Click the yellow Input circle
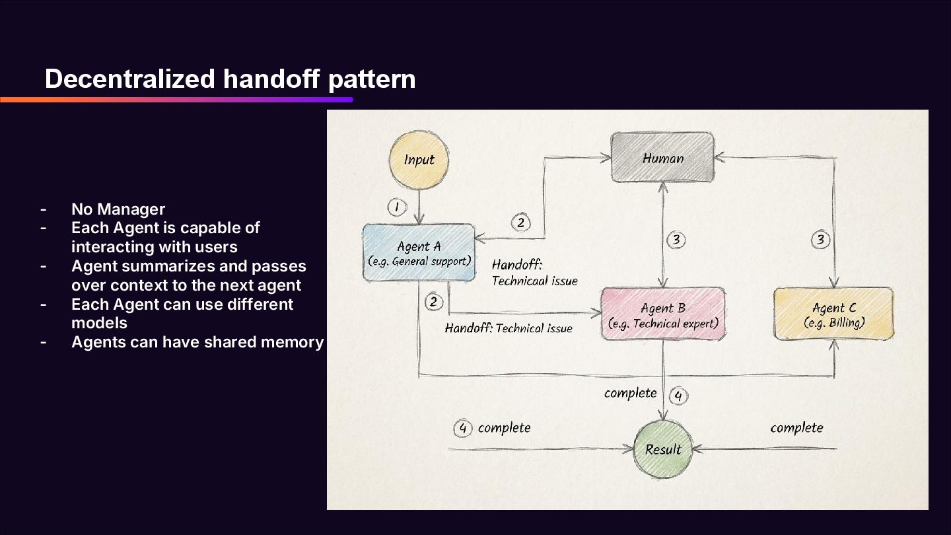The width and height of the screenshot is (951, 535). pyautogui.click(x=419, y=160)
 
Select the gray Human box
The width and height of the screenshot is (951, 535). pyautogui.click(x=662, y=158)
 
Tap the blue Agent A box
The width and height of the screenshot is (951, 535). pyautogui.click(x=419, y=253)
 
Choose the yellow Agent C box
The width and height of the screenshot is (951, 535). pyautogui.click(x=833, y=314)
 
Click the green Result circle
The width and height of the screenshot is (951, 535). pyautogui.click(x=662, y=449)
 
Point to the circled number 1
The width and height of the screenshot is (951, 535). pyautogui.click(x=396, y=207)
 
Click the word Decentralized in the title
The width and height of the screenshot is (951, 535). pyautogui.click(x=130, y=79)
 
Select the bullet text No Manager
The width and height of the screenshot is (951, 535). pyautogui.click(x=118, y=209)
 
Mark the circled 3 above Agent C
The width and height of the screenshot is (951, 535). pyautogui.click(x=820, y=239)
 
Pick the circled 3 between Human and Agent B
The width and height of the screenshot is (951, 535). pyautogui.click(x=676, y=240)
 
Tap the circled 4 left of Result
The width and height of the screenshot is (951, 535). pyautogui.click(x=462, y=429)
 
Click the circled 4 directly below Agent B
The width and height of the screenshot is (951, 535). pyautogui.click(x=678, y=396)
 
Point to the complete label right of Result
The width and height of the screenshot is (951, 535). pyautogui.click(x=796, y=428)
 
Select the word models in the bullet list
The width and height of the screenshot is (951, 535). pyautogui.click(x=99, y=323)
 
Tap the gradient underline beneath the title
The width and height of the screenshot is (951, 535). pyautogui.click(x=176, y=100)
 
